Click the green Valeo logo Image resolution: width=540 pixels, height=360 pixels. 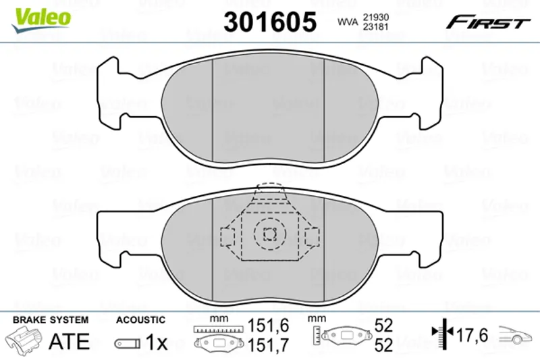coord(41,20)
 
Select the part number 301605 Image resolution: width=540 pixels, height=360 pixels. coord(270,22)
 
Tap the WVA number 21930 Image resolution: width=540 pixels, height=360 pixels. coord(376,18)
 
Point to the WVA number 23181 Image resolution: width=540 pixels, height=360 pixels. coord(376,27)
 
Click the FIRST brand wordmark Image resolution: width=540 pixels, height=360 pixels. coord(488,23)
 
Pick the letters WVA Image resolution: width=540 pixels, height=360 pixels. coord(348,22)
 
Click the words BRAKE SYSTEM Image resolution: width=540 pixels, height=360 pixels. coord(51,319)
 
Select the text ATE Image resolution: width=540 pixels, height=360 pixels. coord(70,341)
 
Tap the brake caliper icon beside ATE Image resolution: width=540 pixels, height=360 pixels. coord(24,339)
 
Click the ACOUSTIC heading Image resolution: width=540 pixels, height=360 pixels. coord(140,320)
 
